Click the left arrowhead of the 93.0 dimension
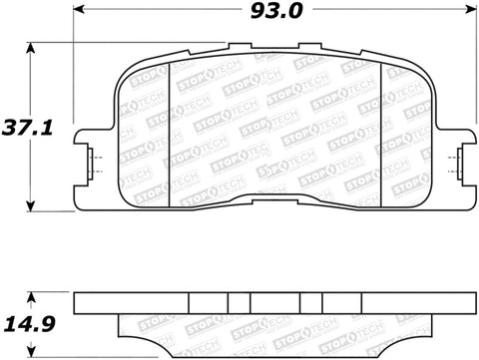80,14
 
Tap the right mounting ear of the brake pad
458,161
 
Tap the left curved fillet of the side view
125,323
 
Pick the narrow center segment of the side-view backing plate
239,303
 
